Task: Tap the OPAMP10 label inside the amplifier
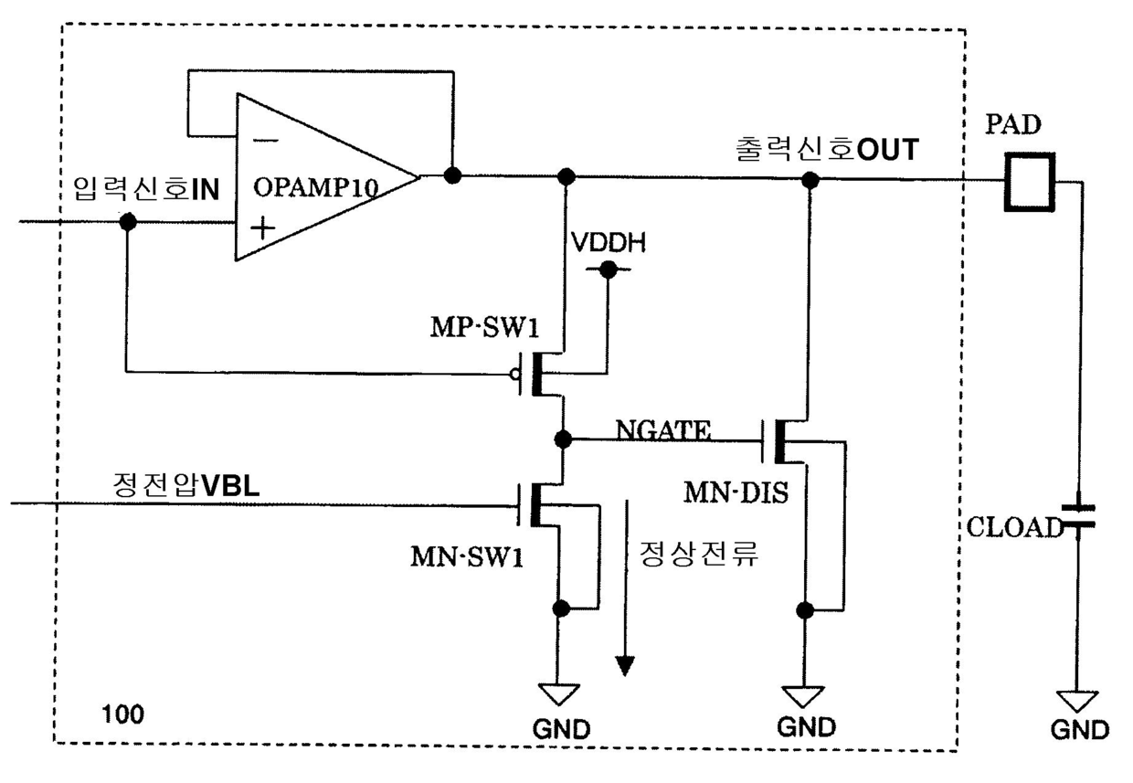[x=315, y=187]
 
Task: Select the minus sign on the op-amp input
[x=266, y=141]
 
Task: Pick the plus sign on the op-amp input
[x=263, y=227]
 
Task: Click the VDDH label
[x=609, y=243]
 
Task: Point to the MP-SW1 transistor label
[x=484, y=327]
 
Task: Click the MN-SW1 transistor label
[x=467, y=557]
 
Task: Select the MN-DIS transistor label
[x=736, y=492]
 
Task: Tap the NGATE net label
[x=663, y=430]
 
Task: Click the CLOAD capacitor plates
[x=1078, y=516]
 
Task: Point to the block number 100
[x=123, y=714]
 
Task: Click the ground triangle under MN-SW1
[x=559, y=694]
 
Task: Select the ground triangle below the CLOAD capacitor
[x=1077, y=702]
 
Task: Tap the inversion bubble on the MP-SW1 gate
[x=515, y=375]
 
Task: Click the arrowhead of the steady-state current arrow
[x=625, y=666]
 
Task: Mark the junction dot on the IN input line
[x=128, y=221]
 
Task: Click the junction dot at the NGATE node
[x=563, y=439]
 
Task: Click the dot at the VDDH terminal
[x=609, y=270]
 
